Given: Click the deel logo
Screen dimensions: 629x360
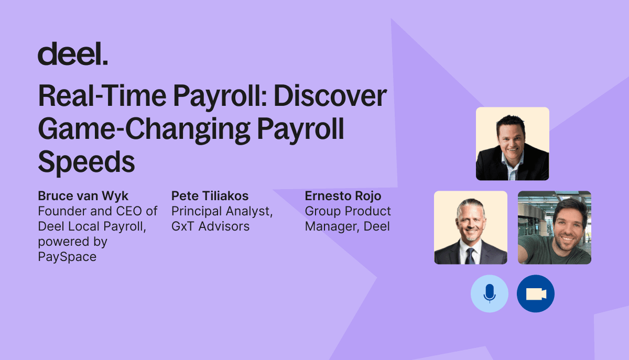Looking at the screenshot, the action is click(73, 53).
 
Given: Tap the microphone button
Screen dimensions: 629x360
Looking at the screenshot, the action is click(490, 293).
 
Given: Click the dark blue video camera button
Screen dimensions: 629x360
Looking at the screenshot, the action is click(536, 293).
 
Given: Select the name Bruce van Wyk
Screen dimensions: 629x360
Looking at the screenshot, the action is click(83, 196).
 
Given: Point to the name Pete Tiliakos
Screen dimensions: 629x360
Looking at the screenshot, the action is click(210, 196).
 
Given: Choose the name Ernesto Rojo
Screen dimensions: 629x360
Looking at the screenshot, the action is click(343, 196).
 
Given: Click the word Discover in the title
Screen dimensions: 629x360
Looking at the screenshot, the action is click(330, 96).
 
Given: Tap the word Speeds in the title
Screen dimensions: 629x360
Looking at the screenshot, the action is click(86, 162).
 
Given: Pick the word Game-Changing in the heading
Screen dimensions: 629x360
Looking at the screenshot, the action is click(144, 129).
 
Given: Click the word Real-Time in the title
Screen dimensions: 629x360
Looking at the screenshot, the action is click(103, 96).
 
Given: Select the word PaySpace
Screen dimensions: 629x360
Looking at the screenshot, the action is click(67, 257).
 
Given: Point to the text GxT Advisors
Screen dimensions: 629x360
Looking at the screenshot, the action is click(210, 226).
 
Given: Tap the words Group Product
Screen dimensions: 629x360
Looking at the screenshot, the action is click(348, 211).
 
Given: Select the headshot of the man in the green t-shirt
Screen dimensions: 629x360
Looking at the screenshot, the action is click(555, 227).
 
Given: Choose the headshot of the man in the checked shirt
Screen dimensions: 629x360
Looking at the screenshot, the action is click(513, 144).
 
